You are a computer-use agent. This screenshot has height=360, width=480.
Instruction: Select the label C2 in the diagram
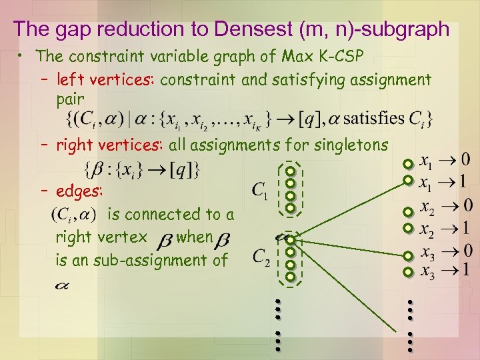[261, 257]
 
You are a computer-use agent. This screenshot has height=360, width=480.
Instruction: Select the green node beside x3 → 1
[408, 272]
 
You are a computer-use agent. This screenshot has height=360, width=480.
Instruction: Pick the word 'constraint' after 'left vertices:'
[198, 80]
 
